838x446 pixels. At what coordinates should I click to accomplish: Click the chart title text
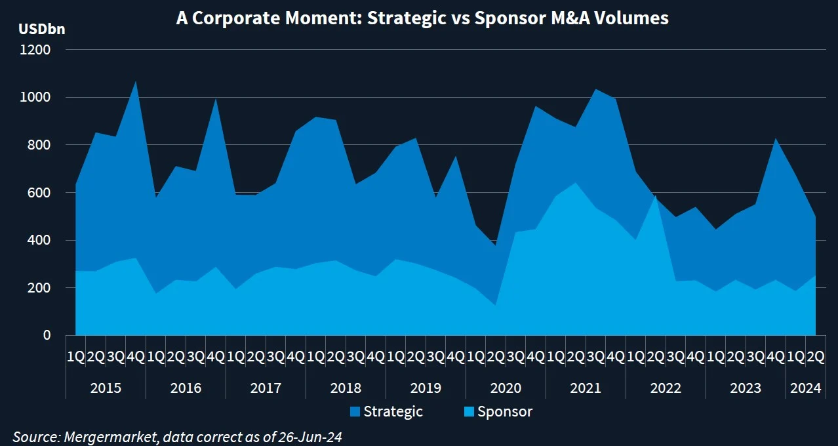coord(422,18)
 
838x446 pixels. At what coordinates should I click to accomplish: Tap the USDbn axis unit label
coord(42,29)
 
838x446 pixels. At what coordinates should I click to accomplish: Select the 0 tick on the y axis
coord(47,335)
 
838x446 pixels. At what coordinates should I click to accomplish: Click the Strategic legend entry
coord(386,412)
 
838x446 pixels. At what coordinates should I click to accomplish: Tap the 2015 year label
coord(106,388)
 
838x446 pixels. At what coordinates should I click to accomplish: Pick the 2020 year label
coord(506,388)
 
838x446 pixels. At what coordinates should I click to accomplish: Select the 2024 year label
coord(806,388)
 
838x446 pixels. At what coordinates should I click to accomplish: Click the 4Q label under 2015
coord(135,357)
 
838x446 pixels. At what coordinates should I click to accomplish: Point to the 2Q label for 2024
coord(815,357)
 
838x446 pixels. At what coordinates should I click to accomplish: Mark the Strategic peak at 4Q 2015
coord(135,81)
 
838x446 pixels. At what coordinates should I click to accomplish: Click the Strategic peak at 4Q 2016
coord(215,99)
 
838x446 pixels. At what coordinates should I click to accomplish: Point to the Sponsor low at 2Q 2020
coord(495,305)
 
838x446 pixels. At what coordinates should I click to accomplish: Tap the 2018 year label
coord(346,388)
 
